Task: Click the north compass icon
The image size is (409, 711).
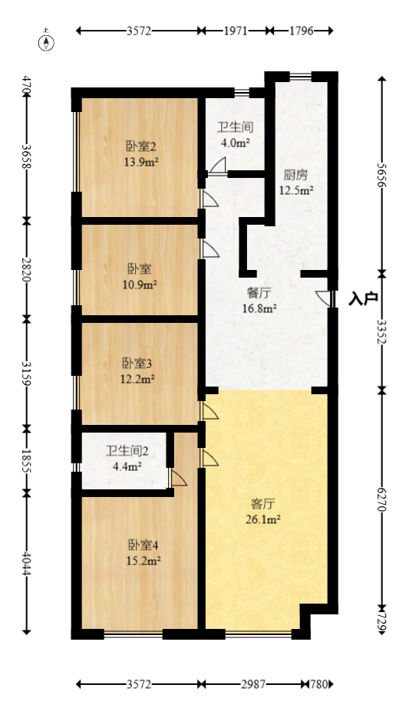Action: point(48,41)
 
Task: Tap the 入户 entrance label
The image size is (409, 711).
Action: point(362,298)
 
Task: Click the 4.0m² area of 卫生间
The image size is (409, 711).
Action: point(235,142)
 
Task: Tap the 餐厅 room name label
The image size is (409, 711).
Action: point(258,292)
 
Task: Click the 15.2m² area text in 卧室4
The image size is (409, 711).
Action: point(143,561)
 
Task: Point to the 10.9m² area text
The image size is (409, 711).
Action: point(140,284)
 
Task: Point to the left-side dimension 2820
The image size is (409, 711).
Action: point(27,268)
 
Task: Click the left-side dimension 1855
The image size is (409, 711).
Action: point(27,459)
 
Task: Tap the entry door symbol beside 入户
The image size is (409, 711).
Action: point(327,298)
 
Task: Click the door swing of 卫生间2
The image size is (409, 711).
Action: point(179,479)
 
